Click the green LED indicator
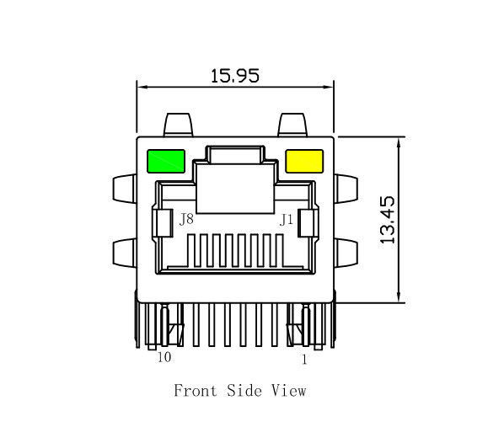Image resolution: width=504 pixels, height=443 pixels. click(166, 161)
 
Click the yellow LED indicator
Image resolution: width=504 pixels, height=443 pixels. click(304, 161)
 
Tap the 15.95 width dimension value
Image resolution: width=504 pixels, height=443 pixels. click(234, 76)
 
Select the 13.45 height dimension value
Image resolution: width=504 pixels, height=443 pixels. click(387, 220)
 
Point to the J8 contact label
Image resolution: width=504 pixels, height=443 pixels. click(186, 220)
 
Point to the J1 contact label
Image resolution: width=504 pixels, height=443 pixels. click(287, 221)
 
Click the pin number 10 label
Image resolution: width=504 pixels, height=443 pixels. click(164, 357)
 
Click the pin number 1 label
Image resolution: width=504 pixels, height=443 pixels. click(304, 360)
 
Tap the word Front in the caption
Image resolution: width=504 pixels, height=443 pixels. click(196, 391)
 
